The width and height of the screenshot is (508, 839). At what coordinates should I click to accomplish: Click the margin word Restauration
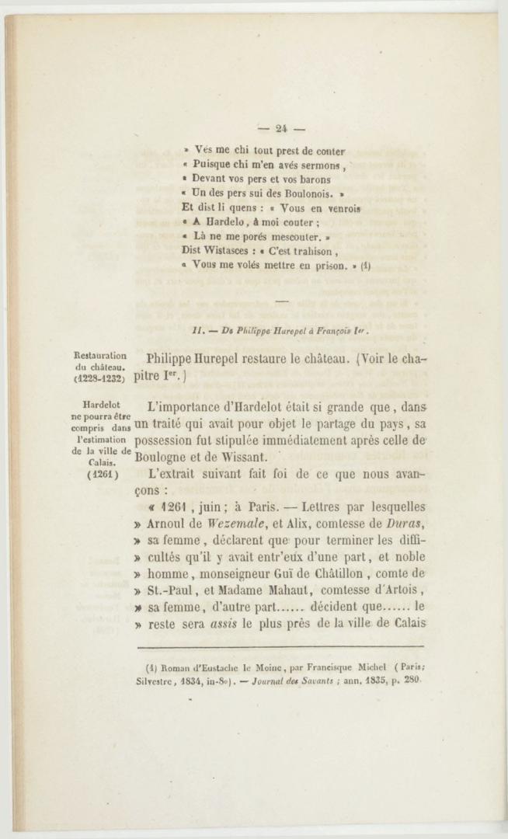point(100,357)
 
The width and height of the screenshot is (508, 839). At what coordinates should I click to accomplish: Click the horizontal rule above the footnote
point(280,646)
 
